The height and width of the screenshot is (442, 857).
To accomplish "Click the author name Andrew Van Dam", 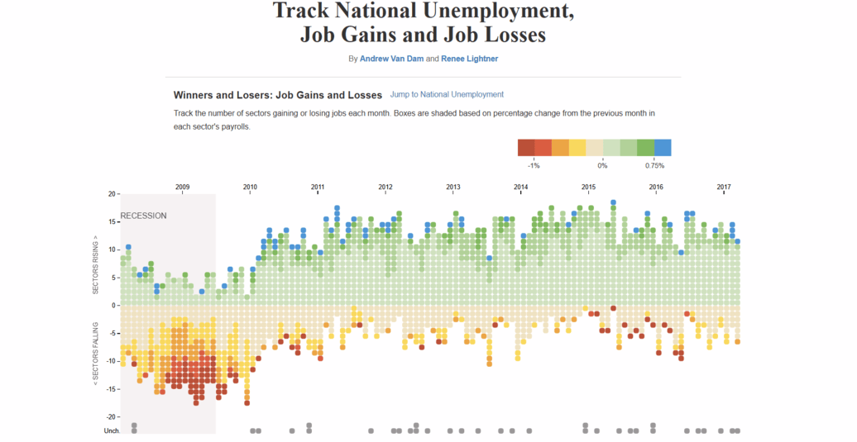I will pos(391,59).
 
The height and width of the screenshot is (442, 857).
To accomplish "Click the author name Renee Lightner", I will pos(470,59).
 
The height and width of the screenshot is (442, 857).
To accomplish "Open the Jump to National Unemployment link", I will pos(447,95).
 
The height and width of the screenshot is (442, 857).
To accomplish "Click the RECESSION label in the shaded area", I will pos(144,216).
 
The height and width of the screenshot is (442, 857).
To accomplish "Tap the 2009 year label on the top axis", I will pos(183,188).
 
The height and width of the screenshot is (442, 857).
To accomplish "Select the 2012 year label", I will pos(385,188).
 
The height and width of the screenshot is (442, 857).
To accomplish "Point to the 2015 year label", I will pos(588,188).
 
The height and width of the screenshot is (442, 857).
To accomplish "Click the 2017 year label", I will pos(724,188).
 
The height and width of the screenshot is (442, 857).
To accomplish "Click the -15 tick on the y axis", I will pos(111,388).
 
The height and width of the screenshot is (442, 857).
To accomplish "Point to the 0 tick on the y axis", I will pos(114,305).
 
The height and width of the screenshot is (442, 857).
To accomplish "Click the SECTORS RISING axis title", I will pos(95,264).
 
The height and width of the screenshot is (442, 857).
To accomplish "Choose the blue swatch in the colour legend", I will pos(663,148).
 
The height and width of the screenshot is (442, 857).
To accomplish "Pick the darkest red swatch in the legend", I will pos(525,148).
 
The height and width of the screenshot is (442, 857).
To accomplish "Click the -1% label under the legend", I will pos(534,166).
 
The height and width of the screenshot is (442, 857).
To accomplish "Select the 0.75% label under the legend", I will pos(654,166).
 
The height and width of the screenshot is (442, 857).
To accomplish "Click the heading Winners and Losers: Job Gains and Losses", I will pos(277,95).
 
